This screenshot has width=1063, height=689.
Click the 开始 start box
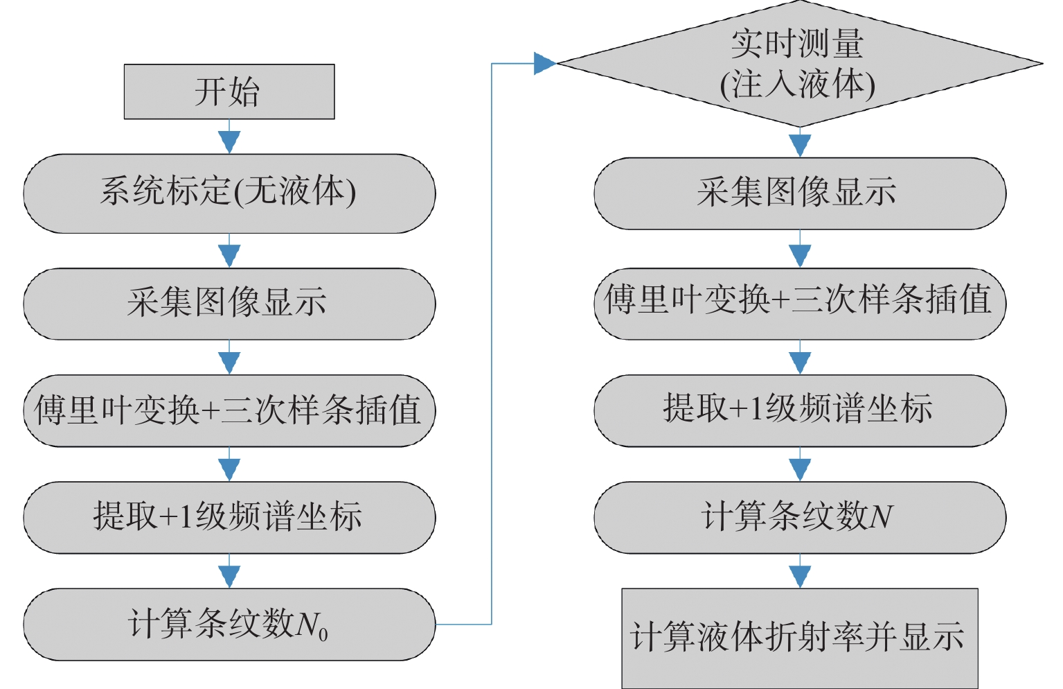(229, 91)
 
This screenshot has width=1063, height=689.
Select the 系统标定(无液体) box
(229, 193)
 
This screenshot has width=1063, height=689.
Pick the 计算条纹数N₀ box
(229, 624)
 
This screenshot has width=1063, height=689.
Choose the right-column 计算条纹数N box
(799, 517)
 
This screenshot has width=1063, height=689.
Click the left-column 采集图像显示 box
(229, 303)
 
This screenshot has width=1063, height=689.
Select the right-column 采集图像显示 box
(799, 193)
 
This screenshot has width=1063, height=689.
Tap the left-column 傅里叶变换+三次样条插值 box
(229, 410)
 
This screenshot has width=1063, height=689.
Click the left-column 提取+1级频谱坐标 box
(229, 517)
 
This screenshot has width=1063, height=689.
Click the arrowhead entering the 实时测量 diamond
(545, 64)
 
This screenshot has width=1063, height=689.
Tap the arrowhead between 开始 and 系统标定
(229, 141)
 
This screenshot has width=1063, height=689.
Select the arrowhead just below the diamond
(800, 145)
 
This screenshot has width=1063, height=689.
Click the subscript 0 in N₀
(323, 634)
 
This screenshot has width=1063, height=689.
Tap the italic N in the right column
(881, 517)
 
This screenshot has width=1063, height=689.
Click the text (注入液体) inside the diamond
(798, 85)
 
